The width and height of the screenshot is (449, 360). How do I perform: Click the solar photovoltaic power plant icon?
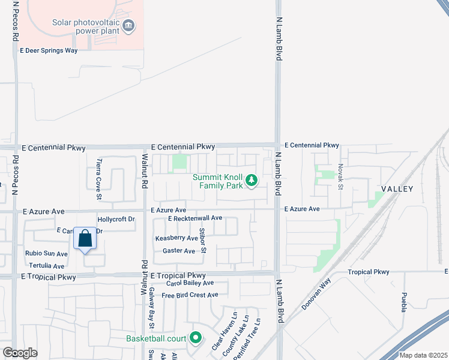click(x=129, y=26)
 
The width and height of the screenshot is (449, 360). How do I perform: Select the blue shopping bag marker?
click(x=85, y=238)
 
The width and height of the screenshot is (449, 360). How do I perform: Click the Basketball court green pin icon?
click(x=194, y=338)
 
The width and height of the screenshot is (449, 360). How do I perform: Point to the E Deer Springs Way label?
click(x=49, y=51)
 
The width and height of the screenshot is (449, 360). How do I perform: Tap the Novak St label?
click(x=340, y=178)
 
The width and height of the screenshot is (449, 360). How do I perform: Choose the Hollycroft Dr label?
click(x=116, y=220)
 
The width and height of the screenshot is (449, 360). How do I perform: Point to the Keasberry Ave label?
click(x=176, y=238)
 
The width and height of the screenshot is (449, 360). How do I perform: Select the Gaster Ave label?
click(x=179, y=251)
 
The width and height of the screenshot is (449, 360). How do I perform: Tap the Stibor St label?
click(x=203, y=239)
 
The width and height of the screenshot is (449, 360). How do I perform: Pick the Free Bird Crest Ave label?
click(x=190, y=295)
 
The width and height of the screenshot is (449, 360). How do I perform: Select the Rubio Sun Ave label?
click(x=46, y=254)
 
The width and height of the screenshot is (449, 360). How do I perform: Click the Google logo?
click(x=20, y=352)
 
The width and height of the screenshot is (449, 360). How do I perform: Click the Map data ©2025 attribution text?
click(x=423, y=356)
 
